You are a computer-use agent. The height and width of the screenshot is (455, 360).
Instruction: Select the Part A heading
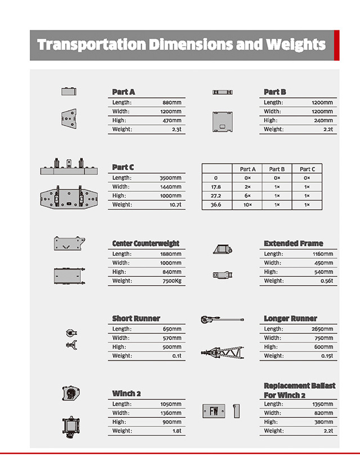click(x=124, y=92)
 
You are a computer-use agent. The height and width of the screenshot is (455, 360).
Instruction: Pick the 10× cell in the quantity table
click(x=247, y=205)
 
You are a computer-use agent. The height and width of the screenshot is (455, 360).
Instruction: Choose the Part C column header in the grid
click(x=307, y=169)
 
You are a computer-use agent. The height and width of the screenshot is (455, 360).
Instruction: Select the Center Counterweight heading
click(x=146, y=244)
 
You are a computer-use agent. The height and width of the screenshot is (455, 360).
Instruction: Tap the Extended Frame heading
click(x=293, y=244)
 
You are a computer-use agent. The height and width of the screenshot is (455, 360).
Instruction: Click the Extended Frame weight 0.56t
click(x=326, y=281)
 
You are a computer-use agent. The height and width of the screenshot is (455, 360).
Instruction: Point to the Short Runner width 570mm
click(x=172, y=338)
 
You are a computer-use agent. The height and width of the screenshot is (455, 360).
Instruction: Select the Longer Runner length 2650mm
click(x=322, y=329)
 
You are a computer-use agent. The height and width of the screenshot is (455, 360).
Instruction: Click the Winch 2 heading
click(x=126, y=394)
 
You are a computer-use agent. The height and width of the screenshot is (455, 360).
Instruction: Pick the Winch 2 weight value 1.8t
click(x=175, y=431)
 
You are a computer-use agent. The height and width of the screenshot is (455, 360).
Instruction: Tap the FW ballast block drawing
click(x=214, y=412)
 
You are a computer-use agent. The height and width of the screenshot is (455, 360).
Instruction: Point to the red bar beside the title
click(x=336, y=45)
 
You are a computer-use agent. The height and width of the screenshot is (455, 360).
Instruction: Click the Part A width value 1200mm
click(x=171, y=111)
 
